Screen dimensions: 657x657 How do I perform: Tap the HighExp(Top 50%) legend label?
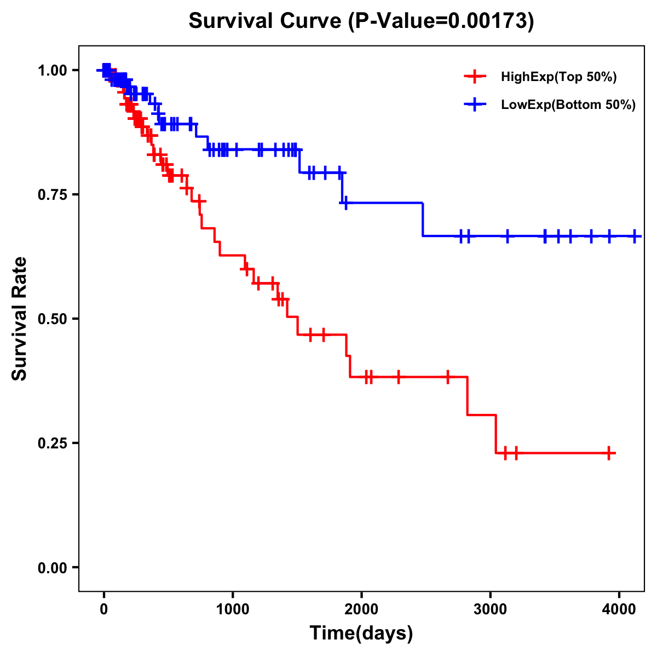coord(558,77)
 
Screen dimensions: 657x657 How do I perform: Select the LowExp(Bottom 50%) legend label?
coord(568,105)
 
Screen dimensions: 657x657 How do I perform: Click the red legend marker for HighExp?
coord(474,77)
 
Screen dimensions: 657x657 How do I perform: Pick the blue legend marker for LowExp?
coord(474,105)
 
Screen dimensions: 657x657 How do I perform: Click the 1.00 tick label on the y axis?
coord(53,70)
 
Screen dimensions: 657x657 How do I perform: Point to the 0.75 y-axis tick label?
coord(53,194)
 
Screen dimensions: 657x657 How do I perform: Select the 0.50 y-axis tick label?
coord(53,319)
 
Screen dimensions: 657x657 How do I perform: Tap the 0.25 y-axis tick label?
coord(53,443)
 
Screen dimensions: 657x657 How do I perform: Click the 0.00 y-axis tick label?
coord(53,567)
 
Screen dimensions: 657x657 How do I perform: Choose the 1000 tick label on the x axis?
coord(233,609)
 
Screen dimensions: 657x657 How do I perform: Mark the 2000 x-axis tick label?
coord(361,609)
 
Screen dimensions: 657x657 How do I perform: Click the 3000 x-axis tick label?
coord(490,609)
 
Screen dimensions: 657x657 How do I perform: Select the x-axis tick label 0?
coord(103,609)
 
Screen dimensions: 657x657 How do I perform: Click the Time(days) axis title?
coord(361,633)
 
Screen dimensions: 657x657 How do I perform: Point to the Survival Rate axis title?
coord(20,319)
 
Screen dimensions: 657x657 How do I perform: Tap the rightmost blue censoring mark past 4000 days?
coord(635,236)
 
